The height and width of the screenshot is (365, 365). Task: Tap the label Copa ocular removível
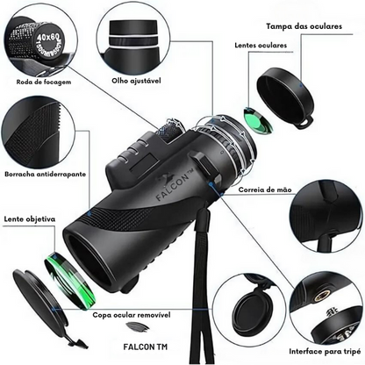point(130,311)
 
